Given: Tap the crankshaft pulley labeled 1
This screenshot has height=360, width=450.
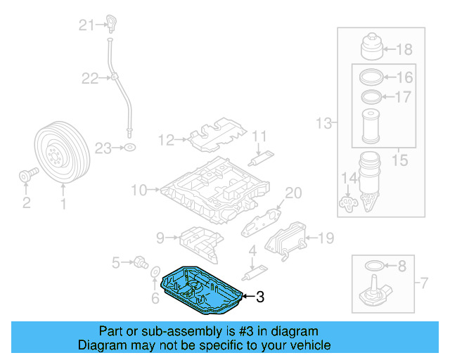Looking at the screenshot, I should pos(59,153).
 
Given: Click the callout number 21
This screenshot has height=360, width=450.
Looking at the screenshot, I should pos(86,26).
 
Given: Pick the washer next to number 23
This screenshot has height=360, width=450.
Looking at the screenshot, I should pos(129,148).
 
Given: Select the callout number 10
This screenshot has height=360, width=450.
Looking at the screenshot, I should pos(138,189).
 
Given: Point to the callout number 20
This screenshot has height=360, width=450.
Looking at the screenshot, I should pos(292,193).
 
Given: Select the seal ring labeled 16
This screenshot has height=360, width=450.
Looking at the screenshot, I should pos(373,77).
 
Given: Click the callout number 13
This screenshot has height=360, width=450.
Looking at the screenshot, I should pos(323,124).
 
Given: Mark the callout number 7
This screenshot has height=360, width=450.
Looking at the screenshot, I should pos(423,284).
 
